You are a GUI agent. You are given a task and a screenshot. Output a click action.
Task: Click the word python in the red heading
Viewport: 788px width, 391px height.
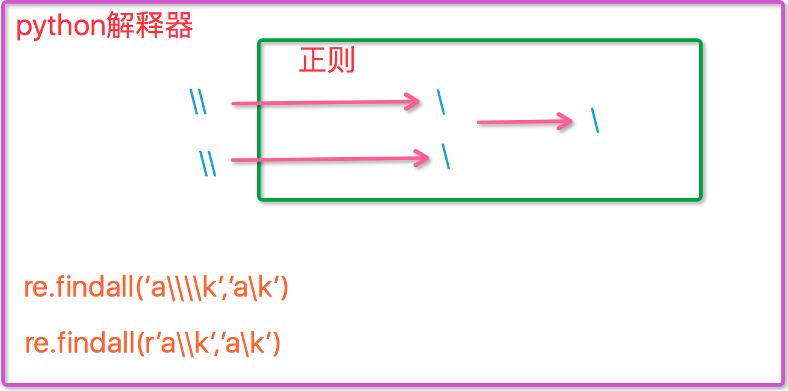pyautogui.click(x=61, y=27)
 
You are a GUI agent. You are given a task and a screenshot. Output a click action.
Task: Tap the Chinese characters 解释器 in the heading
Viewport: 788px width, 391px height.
pyautogui.click(x=150, y=25)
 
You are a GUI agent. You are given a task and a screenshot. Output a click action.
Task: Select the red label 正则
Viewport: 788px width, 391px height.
pyautogui.click(x=327, y=60)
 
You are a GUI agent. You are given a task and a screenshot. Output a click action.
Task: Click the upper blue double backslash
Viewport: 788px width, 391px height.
pyautogui.click(x=198, y=101)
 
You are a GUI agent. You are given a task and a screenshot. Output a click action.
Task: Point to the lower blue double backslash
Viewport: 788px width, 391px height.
pyautogui.click(x=208, y=163)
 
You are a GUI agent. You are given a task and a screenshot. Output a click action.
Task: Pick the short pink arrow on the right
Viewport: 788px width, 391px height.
pyautogui.click(x=524, y=122)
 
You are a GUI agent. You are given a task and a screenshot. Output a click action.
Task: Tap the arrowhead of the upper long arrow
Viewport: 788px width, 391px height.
pyautogui.click(x=412, y=102)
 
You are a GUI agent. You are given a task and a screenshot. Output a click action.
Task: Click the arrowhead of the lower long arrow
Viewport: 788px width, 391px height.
pyautogui.click(x=421, y=158)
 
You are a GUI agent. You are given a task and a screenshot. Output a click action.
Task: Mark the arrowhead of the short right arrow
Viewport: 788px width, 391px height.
pyautogui.click(x=565, y=122)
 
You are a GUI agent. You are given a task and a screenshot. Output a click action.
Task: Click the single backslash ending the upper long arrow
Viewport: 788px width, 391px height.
pyautogui.click(x=441, y=102)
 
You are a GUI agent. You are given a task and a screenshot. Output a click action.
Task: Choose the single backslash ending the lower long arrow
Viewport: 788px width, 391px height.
pyautogui.click(x=446, y=157)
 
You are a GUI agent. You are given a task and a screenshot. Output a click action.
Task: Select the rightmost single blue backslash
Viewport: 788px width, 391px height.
pyautogui.click(x=595, y=121)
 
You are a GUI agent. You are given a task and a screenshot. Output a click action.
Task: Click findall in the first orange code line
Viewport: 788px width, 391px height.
pyautogui.click(x=94, y=287)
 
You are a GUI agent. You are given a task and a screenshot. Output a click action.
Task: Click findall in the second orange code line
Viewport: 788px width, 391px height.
pyautogui.click(x=96, y=342)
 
